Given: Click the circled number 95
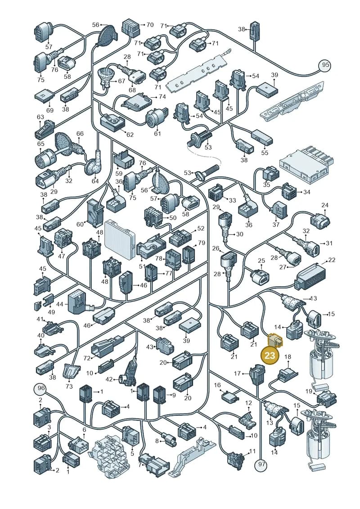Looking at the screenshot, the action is (x=326, y=65).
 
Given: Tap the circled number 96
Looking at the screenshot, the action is (x=41, y=388).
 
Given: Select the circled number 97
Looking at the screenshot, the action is (x=261, y=464).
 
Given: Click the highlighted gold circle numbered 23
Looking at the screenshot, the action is (x=270, y=356).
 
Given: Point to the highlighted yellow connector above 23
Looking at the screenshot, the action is (x=274, y=341).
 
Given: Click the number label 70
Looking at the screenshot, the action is (x=150, y=25).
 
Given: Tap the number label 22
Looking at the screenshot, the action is (x=332, y=260).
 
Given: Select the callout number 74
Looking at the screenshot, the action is (x=162, y=97).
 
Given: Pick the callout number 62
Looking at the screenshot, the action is (x=130, y=135).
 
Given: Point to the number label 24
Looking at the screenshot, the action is (x=325, y=205).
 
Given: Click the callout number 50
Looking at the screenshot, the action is (x=173, y=217).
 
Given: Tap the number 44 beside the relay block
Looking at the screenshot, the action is (x=60, y=304).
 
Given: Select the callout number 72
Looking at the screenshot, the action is (x=87, y=358).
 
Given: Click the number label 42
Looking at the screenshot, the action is (x=109, y=379).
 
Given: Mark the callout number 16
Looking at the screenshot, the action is (x=217, y=385).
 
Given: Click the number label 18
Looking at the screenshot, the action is (x=288, y=357).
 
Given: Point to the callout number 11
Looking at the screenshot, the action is (x=252, y=451).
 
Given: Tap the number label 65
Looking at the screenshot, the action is (x=40, y=144).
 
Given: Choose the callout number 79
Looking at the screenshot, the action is (x=202, y=243).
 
